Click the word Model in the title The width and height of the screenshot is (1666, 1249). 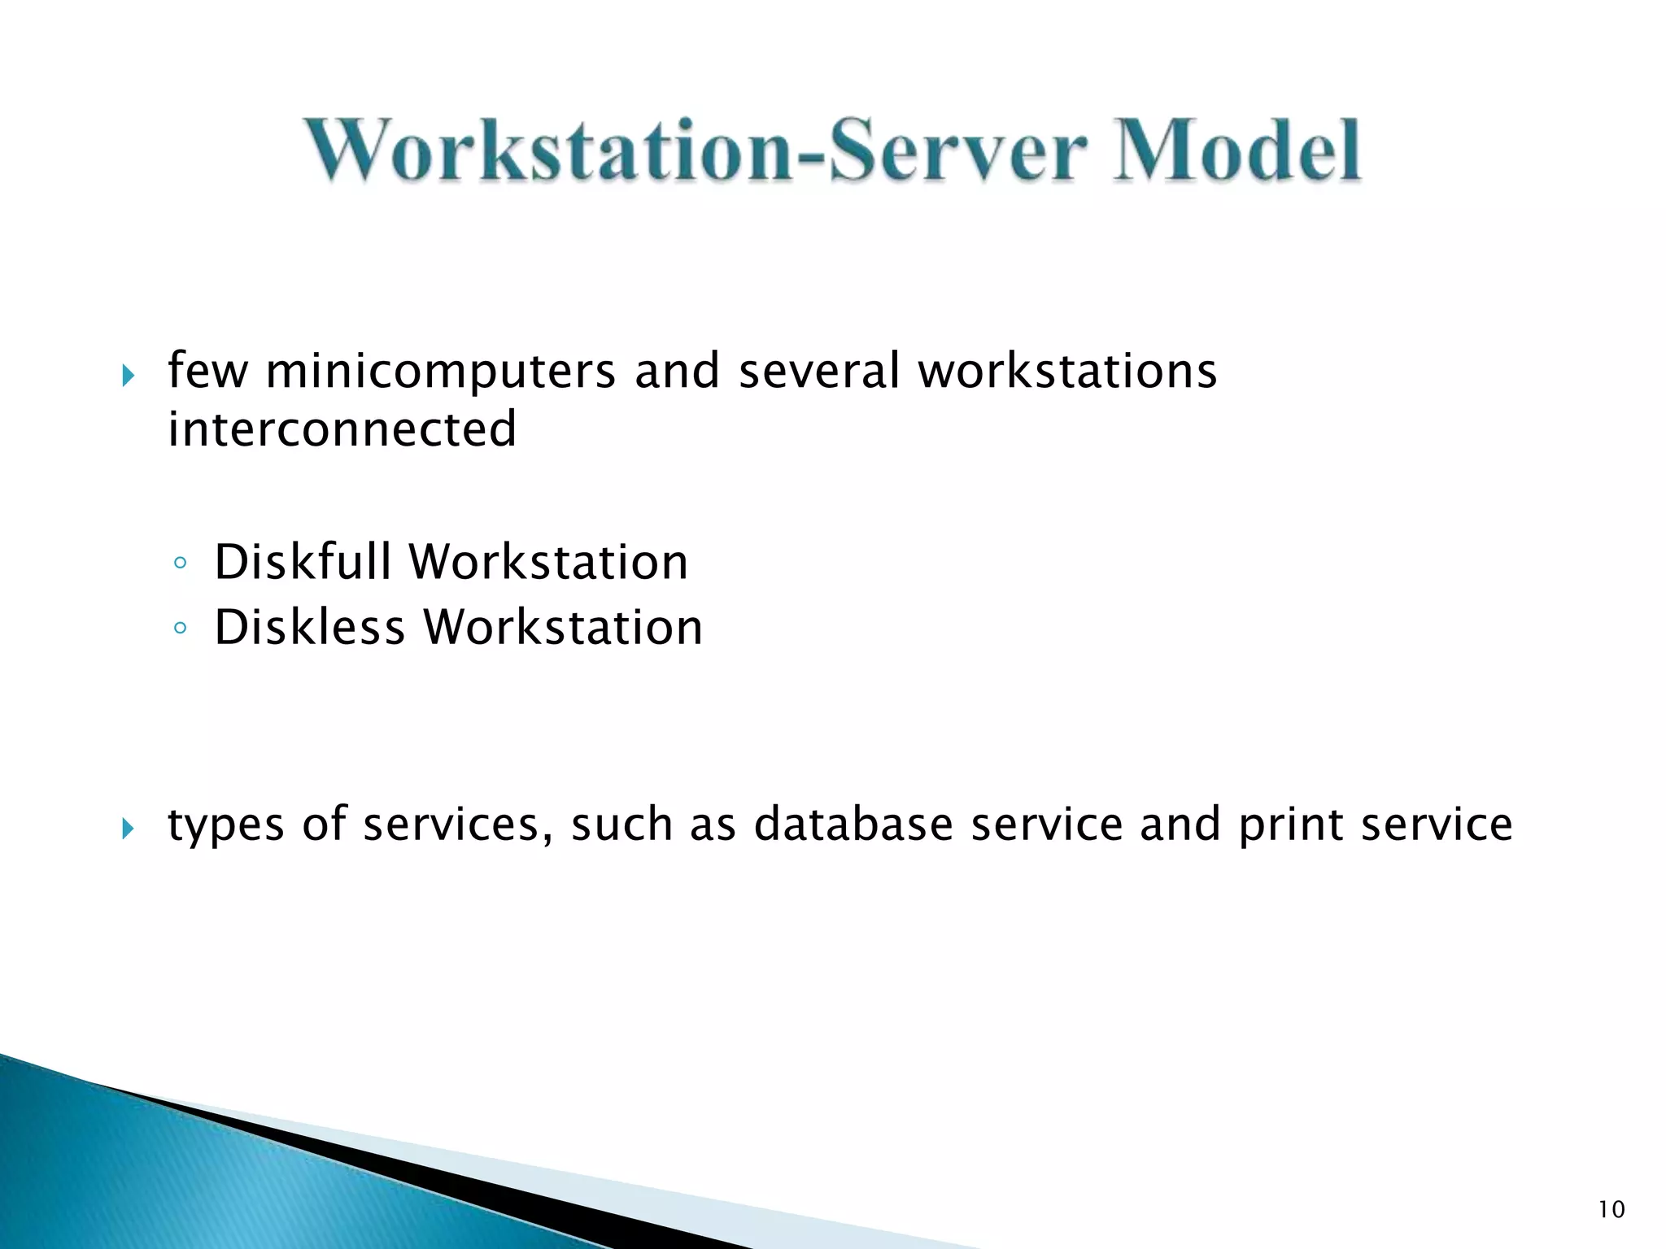[x=1236, y=150]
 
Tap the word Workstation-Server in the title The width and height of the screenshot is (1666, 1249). [x=696, y=150]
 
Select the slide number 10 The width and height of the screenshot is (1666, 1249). [x=1611, y=1210]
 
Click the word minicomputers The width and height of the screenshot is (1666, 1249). [x=440, y=372]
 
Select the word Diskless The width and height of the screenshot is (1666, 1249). [x=309, y=628]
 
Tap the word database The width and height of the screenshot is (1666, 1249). [x=853, y=825]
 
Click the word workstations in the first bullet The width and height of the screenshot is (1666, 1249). [x=1067, y=372]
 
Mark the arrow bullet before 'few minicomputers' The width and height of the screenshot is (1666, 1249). [x=127, y=376]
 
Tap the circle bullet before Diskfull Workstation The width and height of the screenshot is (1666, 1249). [x=180, y=564]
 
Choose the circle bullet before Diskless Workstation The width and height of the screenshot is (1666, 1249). [x=180, y=629]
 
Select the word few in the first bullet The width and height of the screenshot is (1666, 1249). [x=207, y=372]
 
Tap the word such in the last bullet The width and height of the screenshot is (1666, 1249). [x=621, y=825]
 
